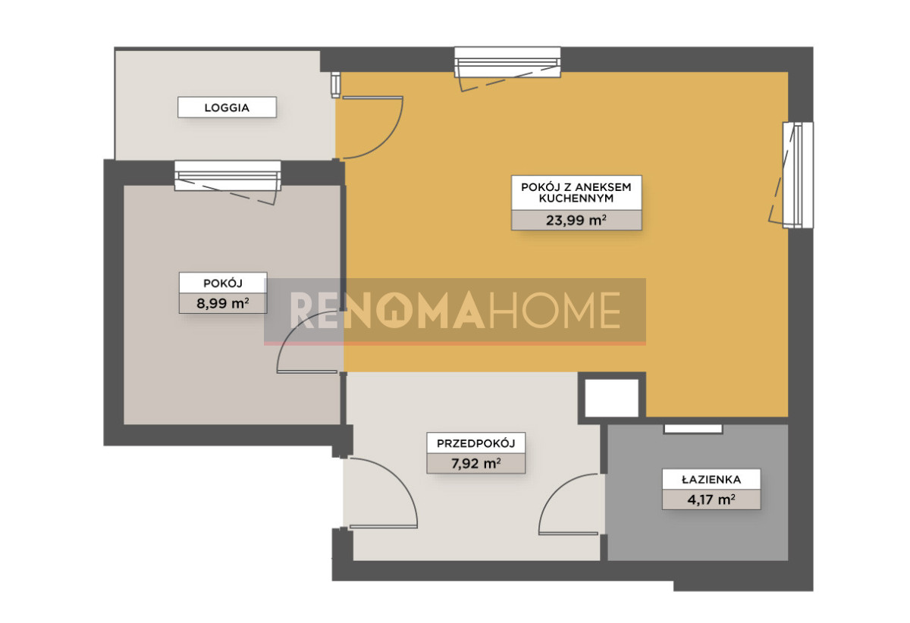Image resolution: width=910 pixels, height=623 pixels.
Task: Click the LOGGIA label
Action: pos(227,108)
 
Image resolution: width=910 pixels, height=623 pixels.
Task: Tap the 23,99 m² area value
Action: pos(576,220)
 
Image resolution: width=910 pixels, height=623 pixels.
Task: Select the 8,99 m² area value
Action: pos(223,303)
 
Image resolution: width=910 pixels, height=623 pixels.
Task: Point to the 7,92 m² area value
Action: pos(475,463)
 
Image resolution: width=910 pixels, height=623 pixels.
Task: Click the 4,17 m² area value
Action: pos(711,499)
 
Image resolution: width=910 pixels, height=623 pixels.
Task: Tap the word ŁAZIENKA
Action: pos(711,480)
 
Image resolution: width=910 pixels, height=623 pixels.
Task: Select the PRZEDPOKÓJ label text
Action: pos(475,443)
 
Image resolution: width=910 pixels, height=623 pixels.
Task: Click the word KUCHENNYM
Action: pos(576,199)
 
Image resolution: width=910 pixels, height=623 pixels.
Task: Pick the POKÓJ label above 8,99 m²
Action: pos(223,283)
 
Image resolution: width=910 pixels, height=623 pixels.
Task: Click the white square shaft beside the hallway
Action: pos(611,398)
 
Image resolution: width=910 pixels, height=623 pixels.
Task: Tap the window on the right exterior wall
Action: pos(799,175)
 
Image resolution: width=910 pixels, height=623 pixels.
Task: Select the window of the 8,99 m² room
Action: pos(227,176)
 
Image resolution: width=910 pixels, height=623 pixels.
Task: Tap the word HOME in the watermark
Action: pos(555,310)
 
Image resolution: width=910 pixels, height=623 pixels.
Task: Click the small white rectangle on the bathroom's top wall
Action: pos(693,429)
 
